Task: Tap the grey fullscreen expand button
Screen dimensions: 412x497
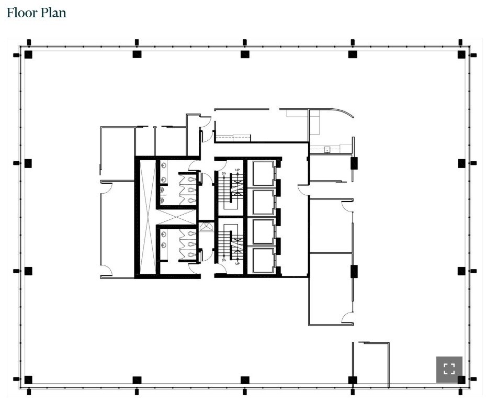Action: [449, 369]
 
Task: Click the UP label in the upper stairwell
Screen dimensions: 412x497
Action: [238, 170]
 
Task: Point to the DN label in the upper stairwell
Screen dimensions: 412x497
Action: [223, 173]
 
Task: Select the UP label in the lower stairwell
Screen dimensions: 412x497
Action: [238, 263]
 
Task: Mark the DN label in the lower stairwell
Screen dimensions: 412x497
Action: [223, 260]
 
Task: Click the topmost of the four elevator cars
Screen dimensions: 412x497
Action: [263, 173]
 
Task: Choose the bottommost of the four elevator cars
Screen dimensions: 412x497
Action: [263, 260]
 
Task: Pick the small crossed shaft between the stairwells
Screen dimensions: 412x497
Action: [207, 227]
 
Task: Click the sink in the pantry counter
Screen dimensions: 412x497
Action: [327, 150]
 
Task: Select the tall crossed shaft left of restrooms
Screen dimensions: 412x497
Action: [148, 217]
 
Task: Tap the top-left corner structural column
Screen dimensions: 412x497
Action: [28, 54]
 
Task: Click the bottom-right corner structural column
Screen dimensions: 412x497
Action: [461, 380]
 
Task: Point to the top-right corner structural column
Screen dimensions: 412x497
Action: [461, 54]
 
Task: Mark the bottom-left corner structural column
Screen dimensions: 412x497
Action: [28, 380]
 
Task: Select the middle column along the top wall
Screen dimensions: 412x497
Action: [245, 54]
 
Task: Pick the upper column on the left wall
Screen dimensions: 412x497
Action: [28, 163]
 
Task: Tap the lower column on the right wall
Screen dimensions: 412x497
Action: [461, 271]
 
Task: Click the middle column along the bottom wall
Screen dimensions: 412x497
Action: [245, 380]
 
